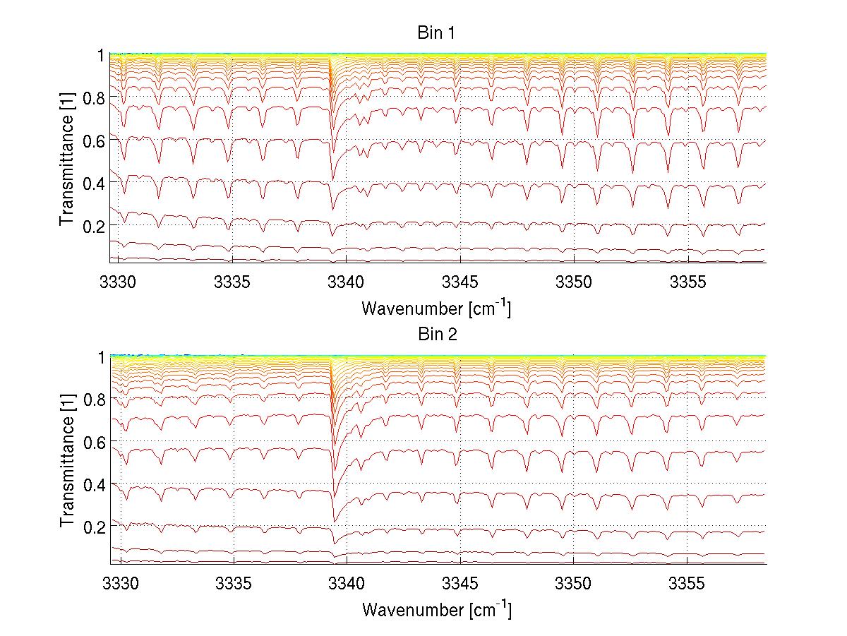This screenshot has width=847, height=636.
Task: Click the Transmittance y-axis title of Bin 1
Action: pyautogui.click(x=67, y=159)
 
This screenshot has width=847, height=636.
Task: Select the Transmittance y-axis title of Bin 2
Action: pyautogui.click(x=67, y=460)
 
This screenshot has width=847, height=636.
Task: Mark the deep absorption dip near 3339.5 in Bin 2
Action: pyautogui.click(x=334, y=519)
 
